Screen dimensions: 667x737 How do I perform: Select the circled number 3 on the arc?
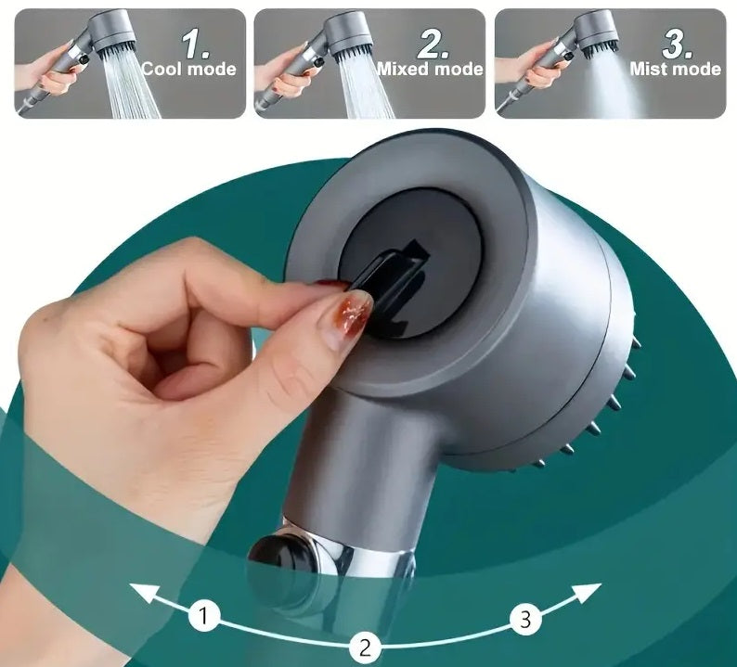(525, 616)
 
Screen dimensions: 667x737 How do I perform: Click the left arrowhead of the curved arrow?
(137, 590)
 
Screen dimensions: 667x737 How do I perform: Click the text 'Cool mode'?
(188, 69)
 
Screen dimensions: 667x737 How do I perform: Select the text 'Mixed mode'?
(430, 69)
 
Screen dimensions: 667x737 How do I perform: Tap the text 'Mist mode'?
(675, 69)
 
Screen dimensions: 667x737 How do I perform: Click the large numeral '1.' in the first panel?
(196, 41)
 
